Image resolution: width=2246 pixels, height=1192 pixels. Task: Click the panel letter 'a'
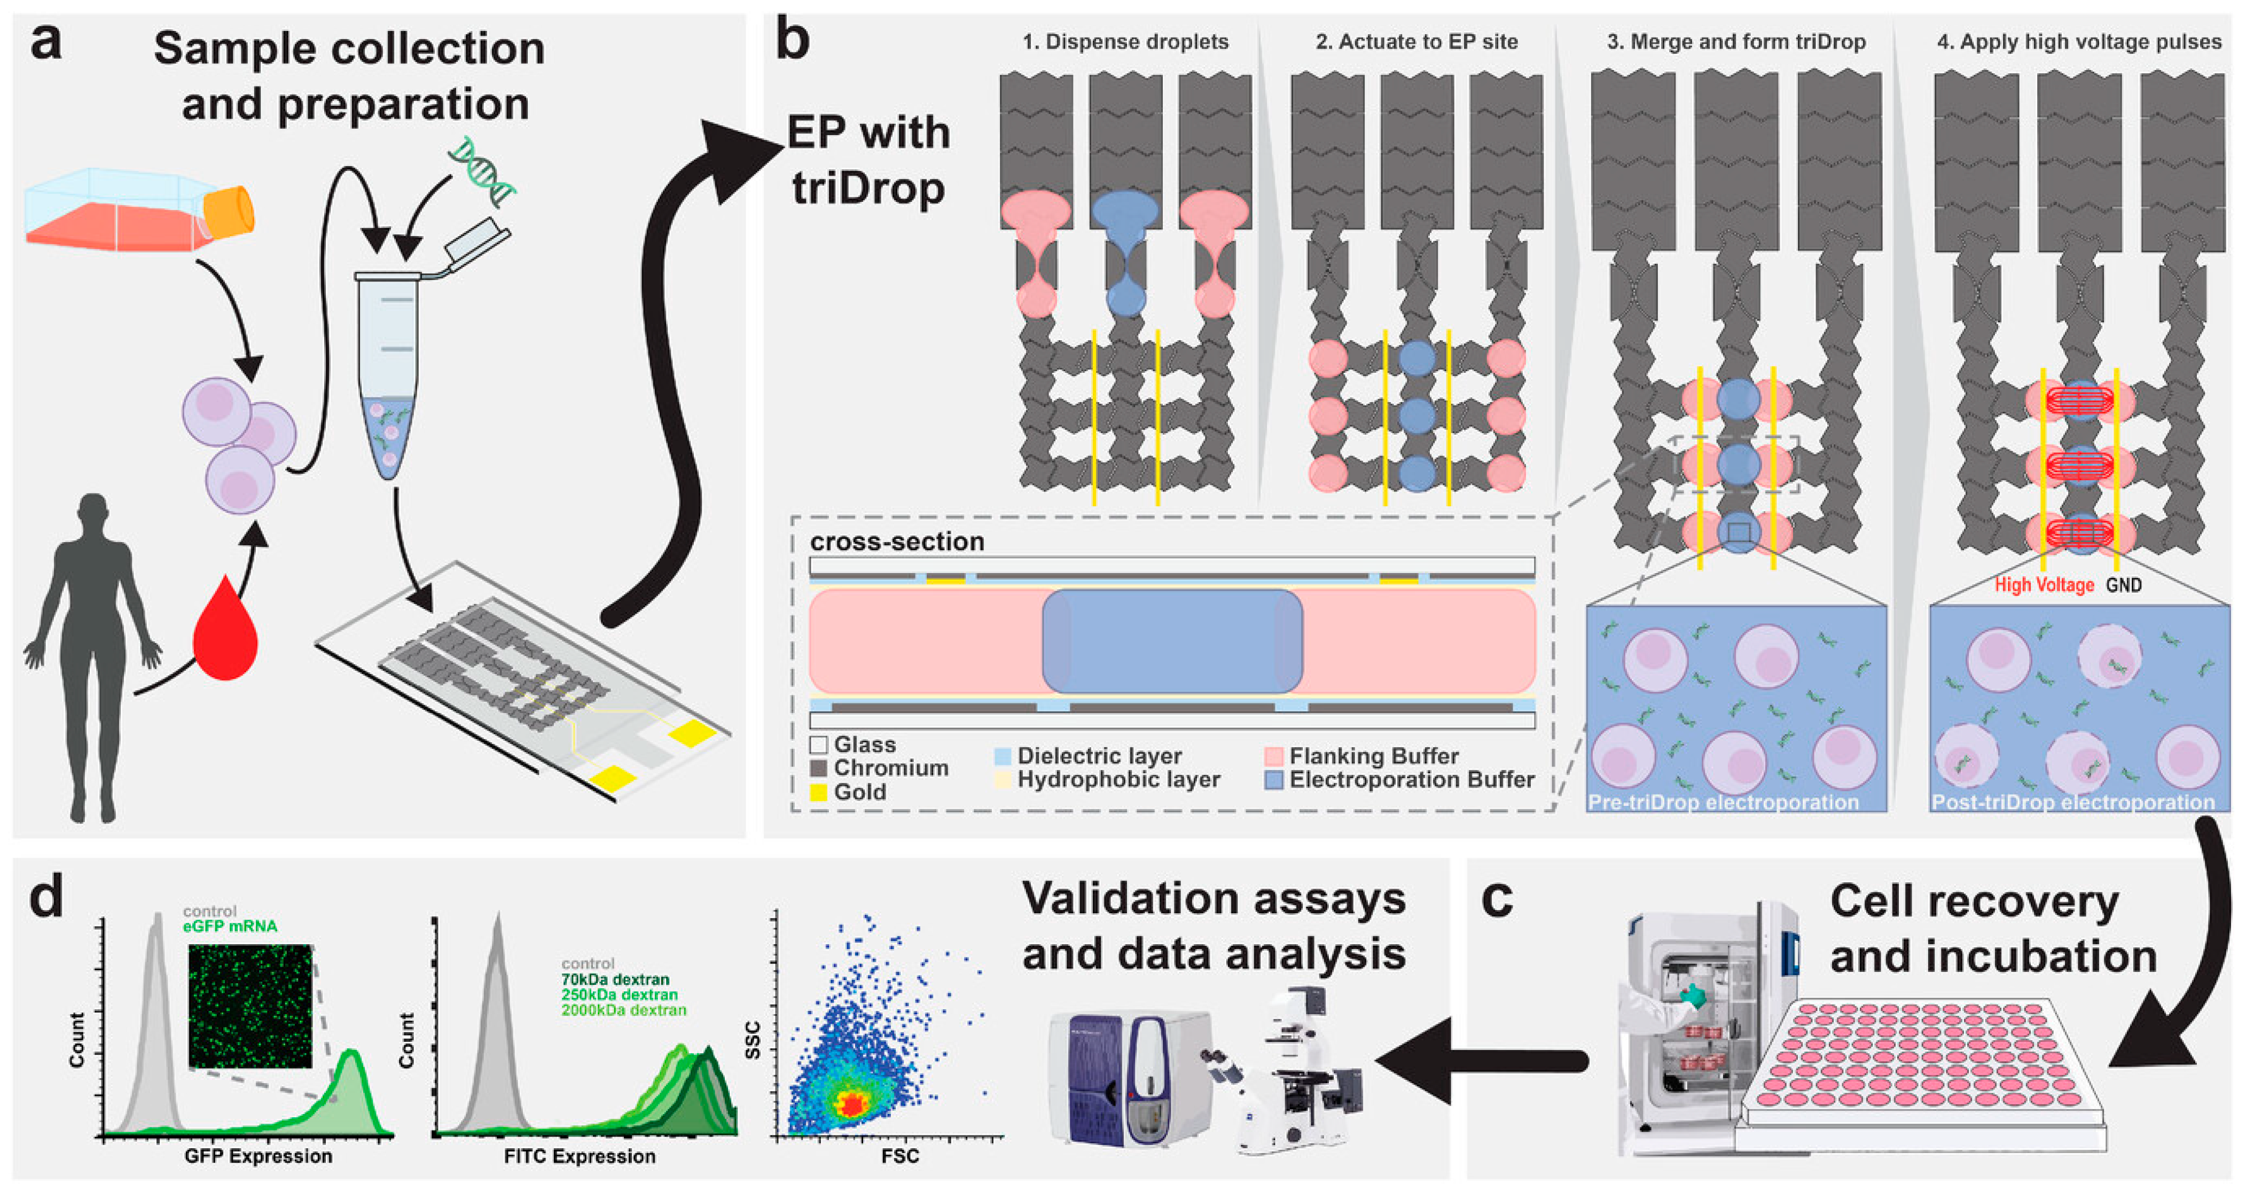pyautogui.click(x=45, y=44)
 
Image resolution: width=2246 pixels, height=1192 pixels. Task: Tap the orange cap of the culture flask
pyautogui.click(x=229, y=212)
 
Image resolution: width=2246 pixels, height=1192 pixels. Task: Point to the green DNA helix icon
pyautogui.click(x=482, y=170)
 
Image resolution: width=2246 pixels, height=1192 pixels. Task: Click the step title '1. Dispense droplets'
pyautogui.click(x=1125, y=42)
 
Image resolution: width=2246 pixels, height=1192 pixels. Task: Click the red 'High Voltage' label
pyautogui.click(x=2044, y=585)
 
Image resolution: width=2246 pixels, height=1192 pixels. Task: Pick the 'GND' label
pyautogui.click(x=2124, y=585)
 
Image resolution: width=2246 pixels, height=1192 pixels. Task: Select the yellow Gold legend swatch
pyautogui.click(x=818, y=793)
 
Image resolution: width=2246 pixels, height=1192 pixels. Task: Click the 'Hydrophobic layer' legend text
pyautogui.click(x=1118, y=780)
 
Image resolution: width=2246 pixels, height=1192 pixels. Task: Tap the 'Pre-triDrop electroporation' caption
pyautogui.click(x=1723, y=802)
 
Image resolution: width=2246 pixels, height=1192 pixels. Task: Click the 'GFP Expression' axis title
pyautogui.click(x=258, y=1156)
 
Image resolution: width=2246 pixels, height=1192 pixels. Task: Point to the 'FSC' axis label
pyautogui.click(x=900, y=1156)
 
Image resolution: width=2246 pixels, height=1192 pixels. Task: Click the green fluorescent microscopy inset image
pyautogui.click(x=250, y=1006)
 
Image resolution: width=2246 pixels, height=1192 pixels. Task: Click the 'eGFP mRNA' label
pyautogui.click(x=230, y=926)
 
